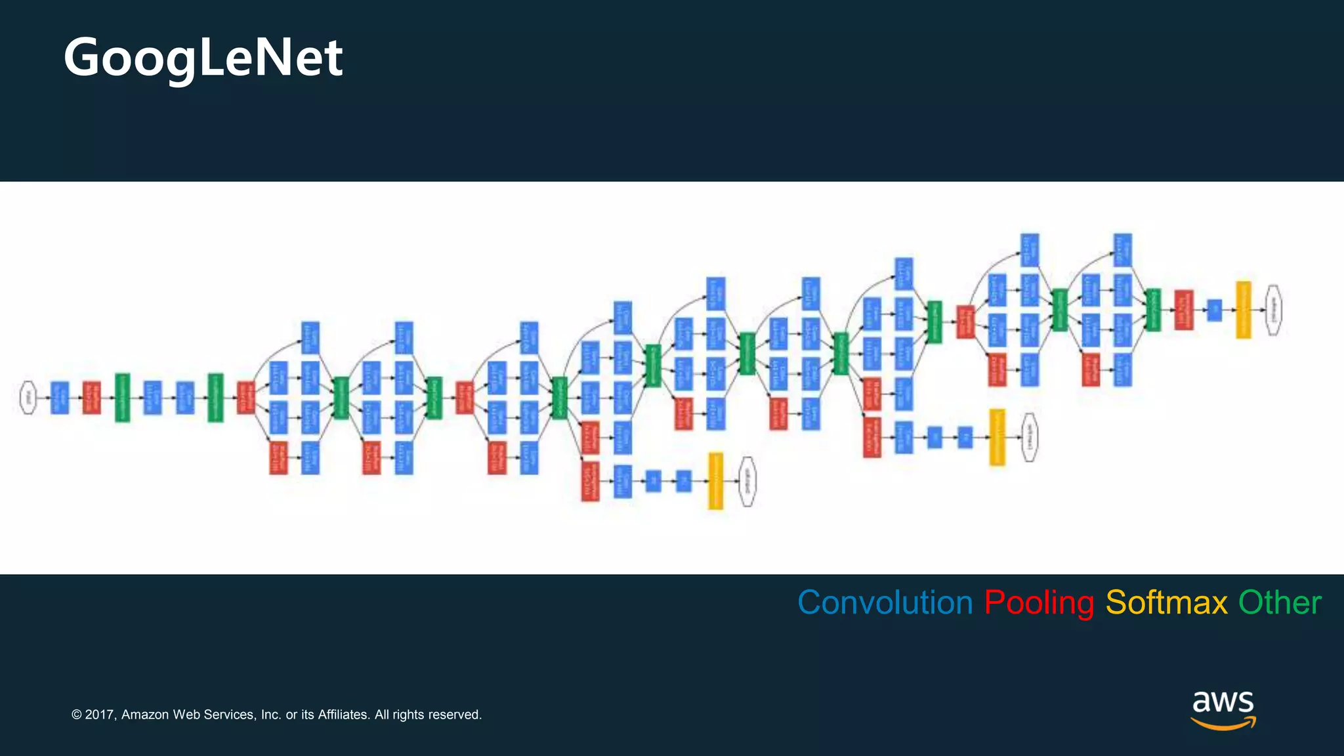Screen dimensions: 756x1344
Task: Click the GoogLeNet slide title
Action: (x=203, y=58)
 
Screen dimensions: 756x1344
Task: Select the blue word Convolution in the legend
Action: (x=885, y=602)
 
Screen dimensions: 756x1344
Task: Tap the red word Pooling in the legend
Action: (x=1038, y=602)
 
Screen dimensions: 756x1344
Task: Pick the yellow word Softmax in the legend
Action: (x=1166, y=602)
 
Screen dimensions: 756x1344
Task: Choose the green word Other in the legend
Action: (x=1279, y=602)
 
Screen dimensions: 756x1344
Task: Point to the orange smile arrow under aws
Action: (x=1223, y=723)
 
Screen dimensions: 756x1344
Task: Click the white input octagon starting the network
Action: (x=28, y=398)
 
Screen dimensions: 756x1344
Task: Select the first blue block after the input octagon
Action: (x=60, y=398)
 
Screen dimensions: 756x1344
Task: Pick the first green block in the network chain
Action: (x=123, y=398)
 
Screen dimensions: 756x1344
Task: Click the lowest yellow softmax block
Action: (x=715, y=481)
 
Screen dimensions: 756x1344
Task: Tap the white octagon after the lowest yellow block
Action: (x=747, y=482)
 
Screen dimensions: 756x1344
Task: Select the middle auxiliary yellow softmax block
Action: (x=997, y=437)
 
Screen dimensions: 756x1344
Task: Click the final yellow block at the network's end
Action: (x=1243, y=310)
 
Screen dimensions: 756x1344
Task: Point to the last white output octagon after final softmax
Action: (x=1274, y=310)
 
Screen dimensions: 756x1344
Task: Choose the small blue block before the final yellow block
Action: (x=1214, y=310)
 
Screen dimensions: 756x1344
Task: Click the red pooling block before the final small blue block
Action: (x=1183, y=310)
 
